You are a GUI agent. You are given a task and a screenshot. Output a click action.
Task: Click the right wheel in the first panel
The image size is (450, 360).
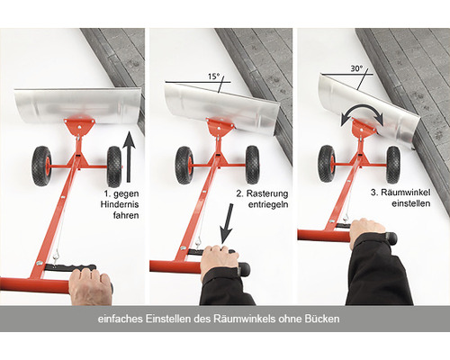tap(113, 165)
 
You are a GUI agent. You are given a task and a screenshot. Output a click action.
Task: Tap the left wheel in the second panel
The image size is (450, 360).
tap(185, 164)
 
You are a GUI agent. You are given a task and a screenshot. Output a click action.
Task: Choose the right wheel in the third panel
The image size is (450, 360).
tap(393, 164)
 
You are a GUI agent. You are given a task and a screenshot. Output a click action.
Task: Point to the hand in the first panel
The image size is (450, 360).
tap(89, 285)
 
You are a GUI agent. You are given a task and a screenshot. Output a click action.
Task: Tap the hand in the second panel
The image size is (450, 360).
tap(219, 261)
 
